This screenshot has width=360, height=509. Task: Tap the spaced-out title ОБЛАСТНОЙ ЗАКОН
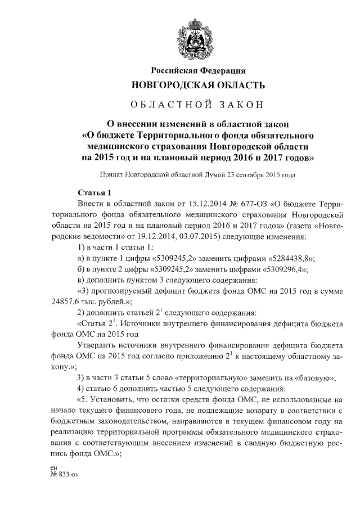pos(196,105)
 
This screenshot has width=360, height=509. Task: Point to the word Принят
pos(111,175)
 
